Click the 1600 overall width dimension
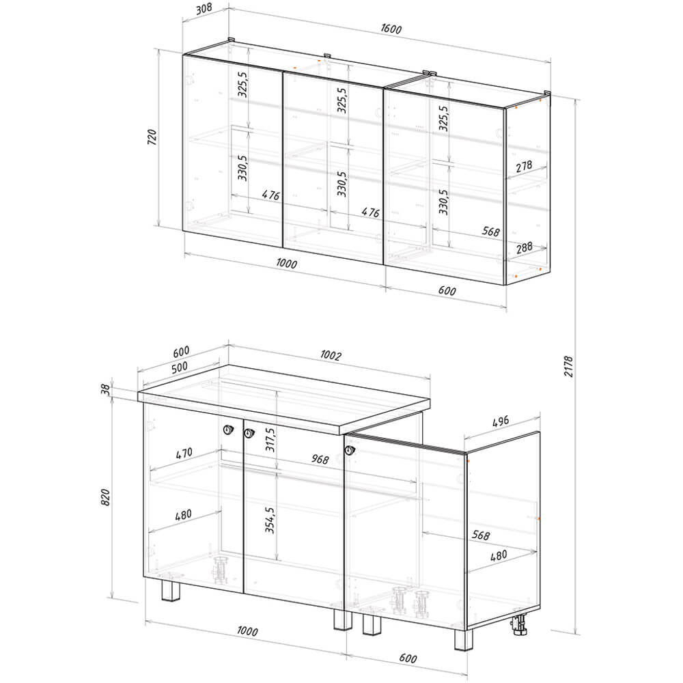391,29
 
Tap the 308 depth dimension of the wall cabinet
204,9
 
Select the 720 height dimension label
152,137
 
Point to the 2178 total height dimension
569,366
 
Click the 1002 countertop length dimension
331,355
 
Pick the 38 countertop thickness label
106,390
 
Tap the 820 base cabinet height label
105,497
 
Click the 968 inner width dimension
320,459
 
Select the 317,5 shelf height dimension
270,439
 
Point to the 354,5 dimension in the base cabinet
270,520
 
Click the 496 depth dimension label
501,421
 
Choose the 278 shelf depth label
524,166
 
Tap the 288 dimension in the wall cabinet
525,247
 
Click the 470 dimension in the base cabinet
184,454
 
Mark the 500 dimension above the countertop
180,367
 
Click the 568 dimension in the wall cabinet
491,231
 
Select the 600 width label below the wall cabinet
447,290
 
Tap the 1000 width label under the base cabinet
247,630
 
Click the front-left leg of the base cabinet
171,591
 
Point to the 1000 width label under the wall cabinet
287,264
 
